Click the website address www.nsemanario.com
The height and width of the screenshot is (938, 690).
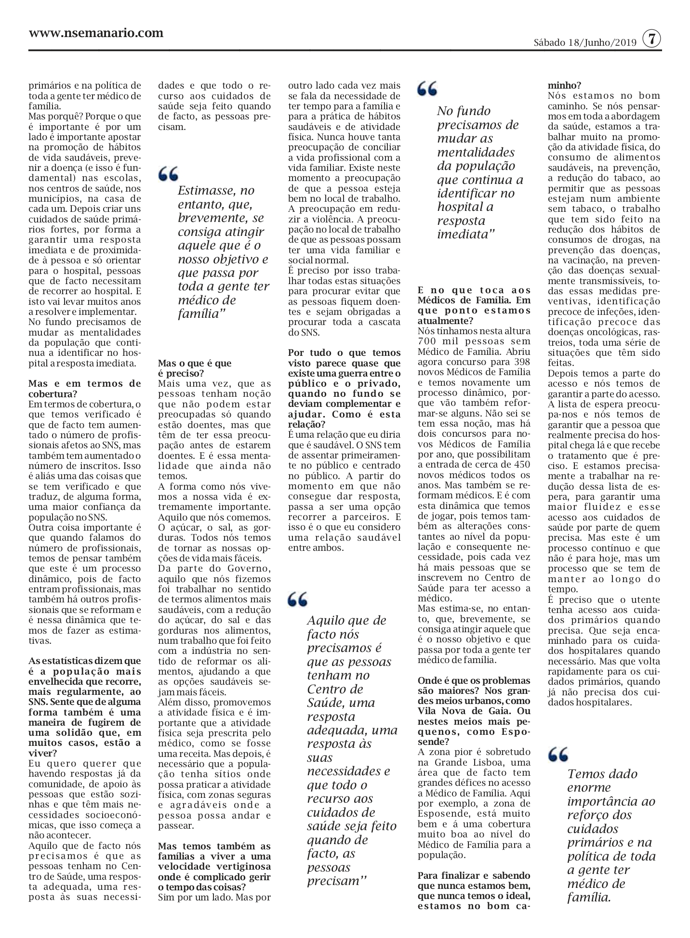[x=96, y=33]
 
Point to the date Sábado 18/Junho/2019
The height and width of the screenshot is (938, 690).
[x=585, y=42]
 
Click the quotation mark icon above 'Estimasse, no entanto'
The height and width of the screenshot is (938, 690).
[x=168, y=173]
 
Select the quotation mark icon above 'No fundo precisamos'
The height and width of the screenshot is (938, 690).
[x=427, y=88]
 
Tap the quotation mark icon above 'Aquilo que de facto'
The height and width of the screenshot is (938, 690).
[x=297, y=599]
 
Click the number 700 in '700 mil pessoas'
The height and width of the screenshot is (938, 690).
[x=427, y=341]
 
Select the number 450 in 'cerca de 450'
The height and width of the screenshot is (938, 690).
[x=521, y=464]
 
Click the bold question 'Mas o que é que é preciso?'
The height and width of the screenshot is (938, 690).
[x=194, y=368]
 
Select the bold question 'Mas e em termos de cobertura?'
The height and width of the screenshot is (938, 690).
[x=84, y=388]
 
